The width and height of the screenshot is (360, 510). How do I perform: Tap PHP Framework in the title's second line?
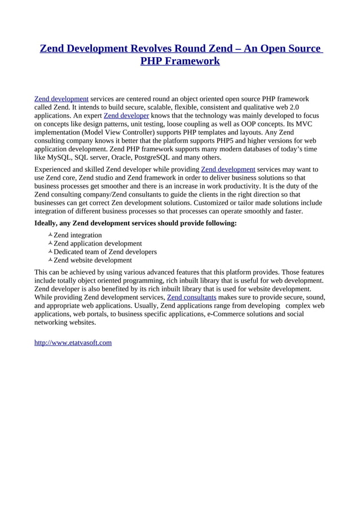coord(180,61)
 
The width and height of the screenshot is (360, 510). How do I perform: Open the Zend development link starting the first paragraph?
coord(62,99)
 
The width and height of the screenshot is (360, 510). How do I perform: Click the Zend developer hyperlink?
coord(126,116)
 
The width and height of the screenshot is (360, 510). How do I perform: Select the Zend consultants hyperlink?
coord(192,297)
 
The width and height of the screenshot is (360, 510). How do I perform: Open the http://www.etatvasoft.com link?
coord(73,342)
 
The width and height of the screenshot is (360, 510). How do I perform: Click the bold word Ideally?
coord(47,223)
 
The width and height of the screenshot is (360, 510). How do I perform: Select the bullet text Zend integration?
coord(78,235)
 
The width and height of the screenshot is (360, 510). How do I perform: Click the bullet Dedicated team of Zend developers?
coord(105,252)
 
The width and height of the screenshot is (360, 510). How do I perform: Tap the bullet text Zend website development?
coord(93,260)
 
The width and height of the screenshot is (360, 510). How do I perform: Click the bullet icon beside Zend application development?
coord(50,243)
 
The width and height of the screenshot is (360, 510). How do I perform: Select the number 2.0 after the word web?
coord(294,107)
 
